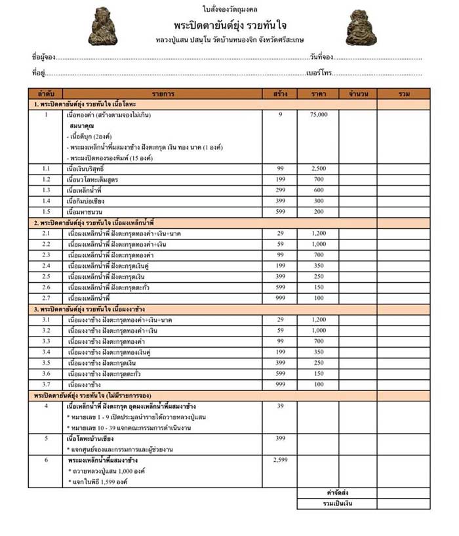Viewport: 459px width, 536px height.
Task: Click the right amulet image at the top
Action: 361,27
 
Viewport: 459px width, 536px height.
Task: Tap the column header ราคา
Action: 320,94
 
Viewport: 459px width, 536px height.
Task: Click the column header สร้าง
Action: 280,94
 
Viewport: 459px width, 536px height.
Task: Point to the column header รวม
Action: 403,94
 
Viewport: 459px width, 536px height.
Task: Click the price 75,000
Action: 319,115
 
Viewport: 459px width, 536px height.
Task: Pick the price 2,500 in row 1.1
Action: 319,169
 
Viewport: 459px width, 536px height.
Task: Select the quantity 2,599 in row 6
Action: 280,460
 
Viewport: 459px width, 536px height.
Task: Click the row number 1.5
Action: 46,211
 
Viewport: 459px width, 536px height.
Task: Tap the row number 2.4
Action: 46,265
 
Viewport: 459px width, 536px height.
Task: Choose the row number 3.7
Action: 46,384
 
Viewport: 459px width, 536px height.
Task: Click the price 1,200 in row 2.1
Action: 319,233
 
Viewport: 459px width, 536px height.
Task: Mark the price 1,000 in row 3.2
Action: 319,330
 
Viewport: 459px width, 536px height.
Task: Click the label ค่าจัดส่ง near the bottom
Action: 336,492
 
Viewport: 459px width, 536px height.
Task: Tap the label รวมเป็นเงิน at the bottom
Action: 336,503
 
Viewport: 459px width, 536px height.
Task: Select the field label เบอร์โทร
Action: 319,73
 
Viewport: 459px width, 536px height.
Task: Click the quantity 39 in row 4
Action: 280,406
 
